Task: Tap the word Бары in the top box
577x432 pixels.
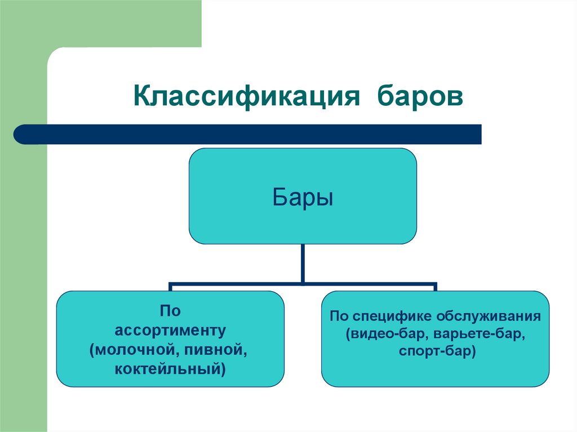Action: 303,198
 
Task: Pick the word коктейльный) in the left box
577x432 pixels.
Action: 170,369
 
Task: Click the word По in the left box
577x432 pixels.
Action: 170,311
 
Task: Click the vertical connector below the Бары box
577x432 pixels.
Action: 304,263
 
